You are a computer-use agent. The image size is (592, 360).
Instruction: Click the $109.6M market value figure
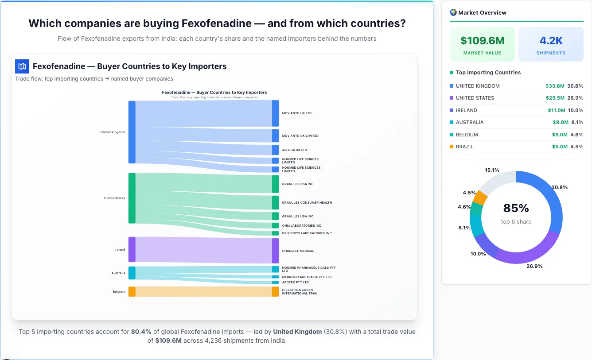[x=482, y=41]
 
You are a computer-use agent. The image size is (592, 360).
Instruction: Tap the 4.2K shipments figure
[x=551, y=41]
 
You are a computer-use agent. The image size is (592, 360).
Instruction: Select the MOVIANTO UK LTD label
[x=296, y=113]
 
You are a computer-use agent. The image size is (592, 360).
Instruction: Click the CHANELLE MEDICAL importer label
[x=298, y=251]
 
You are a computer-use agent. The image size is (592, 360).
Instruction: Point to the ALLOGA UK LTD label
[x=294, y=150]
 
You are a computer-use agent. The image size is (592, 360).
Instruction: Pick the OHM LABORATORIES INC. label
[x=302, y=226]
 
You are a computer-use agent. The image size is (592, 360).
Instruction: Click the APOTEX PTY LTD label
[x=295, y=283]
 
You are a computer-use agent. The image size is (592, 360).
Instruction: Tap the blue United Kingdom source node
[x=132, y=132]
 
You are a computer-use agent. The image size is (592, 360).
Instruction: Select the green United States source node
[x=132, y=198]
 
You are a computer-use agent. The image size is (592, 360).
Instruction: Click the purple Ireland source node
[x=132, y=250]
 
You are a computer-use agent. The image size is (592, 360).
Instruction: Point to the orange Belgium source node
[x=132, y=291]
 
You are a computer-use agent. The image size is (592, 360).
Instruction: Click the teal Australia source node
[x=132, y=273]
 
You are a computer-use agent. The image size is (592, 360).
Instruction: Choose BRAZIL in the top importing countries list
[x=465, y=147]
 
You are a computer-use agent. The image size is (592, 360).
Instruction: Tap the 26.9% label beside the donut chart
[x=534, y=266]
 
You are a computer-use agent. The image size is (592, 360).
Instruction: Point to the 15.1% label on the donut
[x=492, y=170]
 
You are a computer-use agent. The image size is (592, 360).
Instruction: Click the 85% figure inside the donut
[x=516, y=208]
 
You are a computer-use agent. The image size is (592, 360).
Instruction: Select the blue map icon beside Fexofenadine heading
[x=22, y=66]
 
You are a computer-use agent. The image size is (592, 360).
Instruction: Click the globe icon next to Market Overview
[x=453, y=12]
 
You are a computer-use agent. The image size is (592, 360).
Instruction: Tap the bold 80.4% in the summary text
[x=141, y=332]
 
